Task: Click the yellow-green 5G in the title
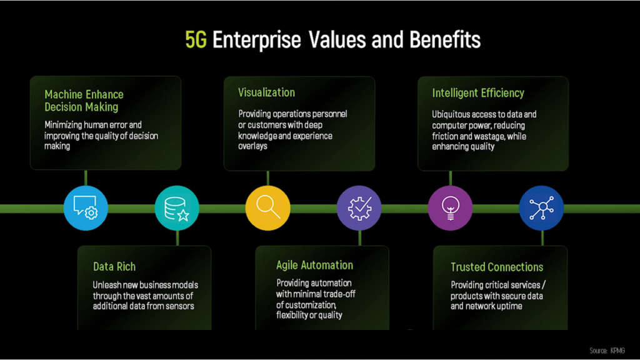point(196,40)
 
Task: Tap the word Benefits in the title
point(445,40)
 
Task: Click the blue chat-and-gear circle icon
point(86,208)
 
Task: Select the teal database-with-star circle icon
point(177,208)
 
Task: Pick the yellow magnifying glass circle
point(267,208)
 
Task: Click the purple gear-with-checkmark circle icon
point(359,208)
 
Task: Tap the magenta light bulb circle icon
point(450,208)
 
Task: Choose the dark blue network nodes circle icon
point(542,208)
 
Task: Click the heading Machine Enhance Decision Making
point(84,101)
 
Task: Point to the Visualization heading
point(266,92)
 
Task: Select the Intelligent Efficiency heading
point(478,94)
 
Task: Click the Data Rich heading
point(114,267)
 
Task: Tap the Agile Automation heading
point(315,265)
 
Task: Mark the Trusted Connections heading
point(497,267)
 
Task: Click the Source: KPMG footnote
point(607,351)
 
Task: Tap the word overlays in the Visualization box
point(252,146)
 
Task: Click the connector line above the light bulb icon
point(450,178)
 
